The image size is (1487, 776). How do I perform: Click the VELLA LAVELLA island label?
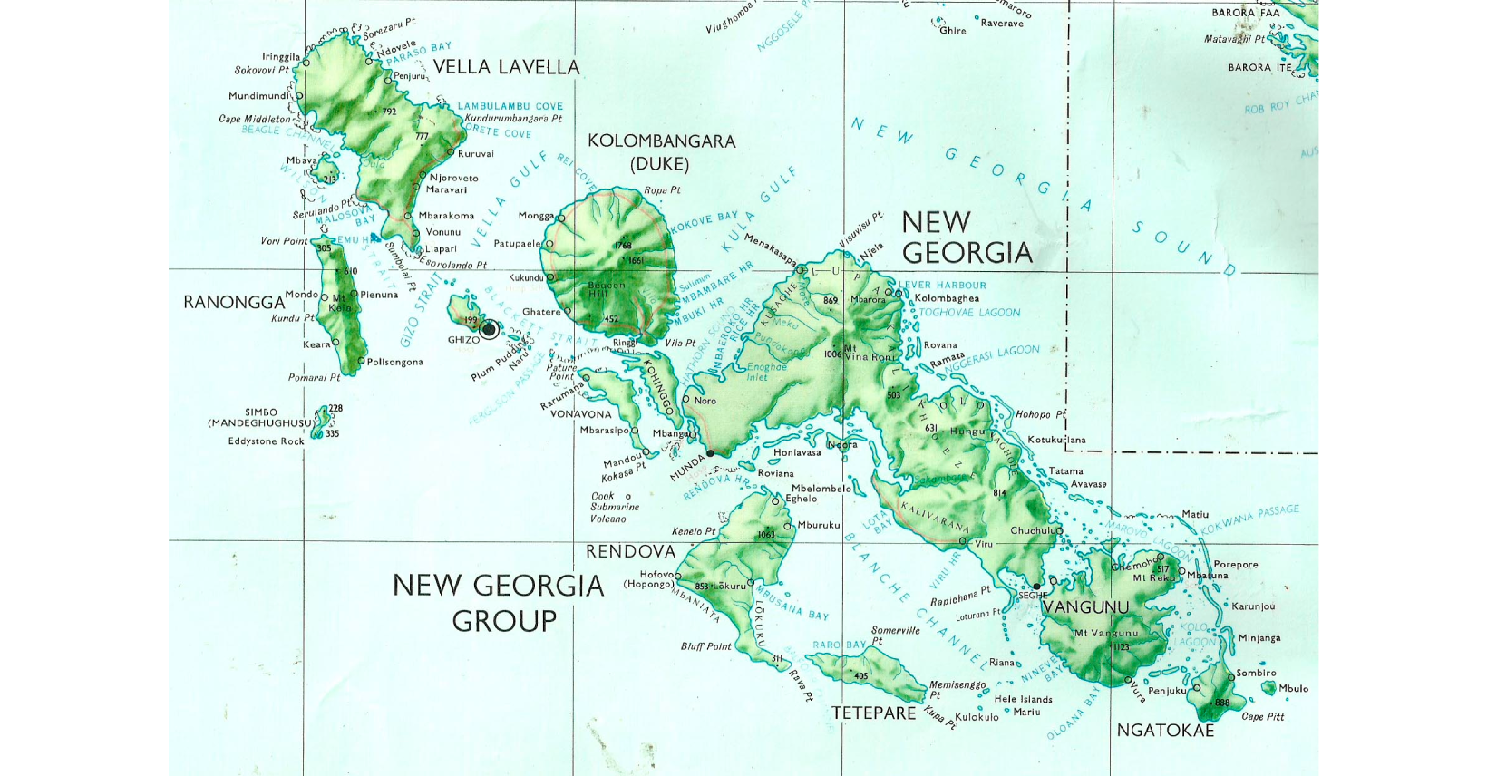tap(506, 67)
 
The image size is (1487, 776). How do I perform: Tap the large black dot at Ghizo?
tap(489, 329)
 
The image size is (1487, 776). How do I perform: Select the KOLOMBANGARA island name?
tap(661, 141)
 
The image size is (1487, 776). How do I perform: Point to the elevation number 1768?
tap(623, 247)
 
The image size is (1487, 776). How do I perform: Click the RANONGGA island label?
tap(234, 302)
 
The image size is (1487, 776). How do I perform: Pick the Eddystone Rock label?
tap(267, 441)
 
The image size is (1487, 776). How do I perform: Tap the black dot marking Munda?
tap(710, 452)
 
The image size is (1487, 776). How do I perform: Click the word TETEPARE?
tap(874, 713)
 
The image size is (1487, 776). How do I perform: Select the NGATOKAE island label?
tap(1165, 731)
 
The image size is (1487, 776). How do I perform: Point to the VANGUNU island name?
tap(1085, 607)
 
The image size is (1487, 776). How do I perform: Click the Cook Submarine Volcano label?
tap(615, 508)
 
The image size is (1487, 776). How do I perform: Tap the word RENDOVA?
tap(630, 551)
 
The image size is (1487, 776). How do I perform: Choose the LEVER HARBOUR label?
tap(944, 285)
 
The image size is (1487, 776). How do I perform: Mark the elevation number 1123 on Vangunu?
tap(1122, 647)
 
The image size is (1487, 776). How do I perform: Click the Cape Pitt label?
tap(1262, 717)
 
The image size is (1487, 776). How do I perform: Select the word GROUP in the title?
tap(504, 622)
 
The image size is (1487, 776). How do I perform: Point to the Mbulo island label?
tap(1293, 689)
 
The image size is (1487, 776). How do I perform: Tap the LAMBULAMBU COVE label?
tap(510, 106)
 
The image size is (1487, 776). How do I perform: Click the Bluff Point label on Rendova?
tap(705, 646)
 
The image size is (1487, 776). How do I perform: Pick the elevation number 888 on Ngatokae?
tap(1222, 703)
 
